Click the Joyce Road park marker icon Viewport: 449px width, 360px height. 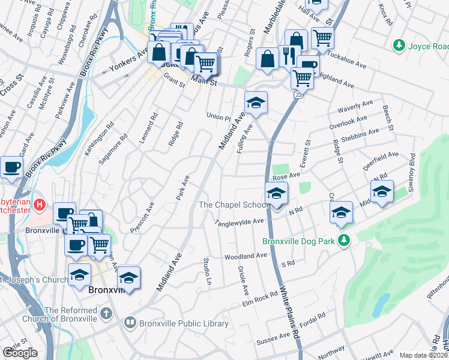(x=398, y=46)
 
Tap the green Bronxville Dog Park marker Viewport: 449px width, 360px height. (x=343, y=241)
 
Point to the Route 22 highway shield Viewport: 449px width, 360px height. (x=298, y=95)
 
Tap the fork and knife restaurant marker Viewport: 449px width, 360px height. (x=289, y=56)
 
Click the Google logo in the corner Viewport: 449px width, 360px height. (x=20, y=353)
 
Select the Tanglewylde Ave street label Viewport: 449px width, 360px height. (x=240, y=221)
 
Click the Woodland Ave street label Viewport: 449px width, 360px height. (x=245, y=256)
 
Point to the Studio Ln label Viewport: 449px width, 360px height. (x=208, y=271)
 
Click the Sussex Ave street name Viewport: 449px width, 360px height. (x=273, y=340)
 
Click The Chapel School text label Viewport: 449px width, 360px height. (x=235, y=205)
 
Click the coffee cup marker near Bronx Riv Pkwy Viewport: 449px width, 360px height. (x=12, y=167)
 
